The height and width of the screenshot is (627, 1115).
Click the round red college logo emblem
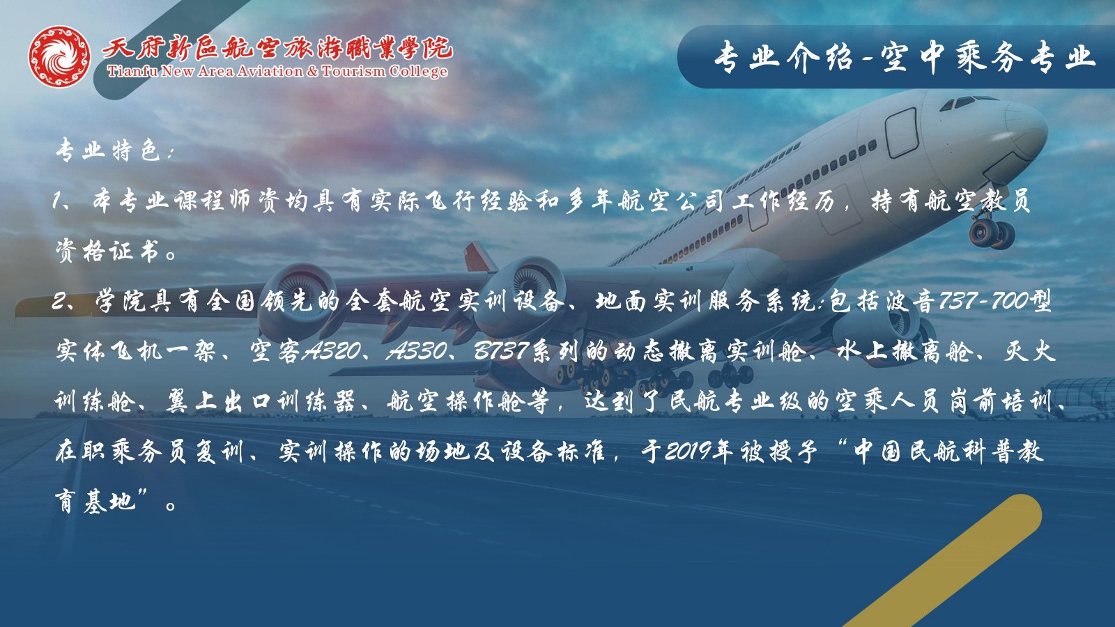(60, 56)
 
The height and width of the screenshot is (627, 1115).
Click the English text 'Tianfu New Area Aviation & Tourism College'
(277, 72)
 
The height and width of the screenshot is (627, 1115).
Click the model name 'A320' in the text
(332, 351)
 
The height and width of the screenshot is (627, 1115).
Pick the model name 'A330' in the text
(417, 351)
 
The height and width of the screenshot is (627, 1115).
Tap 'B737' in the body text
(501, 351)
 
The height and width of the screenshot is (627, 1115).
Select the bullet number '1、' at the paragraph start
(67, 201)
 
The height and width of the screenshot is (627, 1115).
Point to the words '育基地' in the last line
(95, 502)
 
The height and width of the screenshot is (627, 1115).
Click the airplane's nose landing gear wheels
(992, 234)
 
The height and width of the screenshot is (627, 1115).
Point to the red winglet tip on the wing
(479, 257)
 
